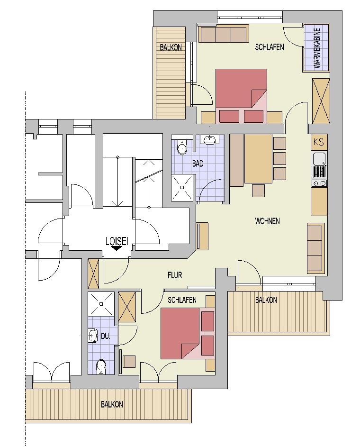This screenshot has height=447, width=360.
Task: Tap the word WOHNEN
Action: pos(267,221)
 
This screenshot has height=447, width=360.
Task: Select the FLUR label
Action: pos(175,275)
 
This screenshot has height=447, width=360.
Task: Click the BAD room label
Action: pos(198,164)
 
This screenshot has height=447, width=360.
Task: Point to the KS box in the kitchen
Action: pos(319,142)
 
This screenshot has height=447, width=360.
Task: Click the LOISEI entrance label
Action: pos(117,241)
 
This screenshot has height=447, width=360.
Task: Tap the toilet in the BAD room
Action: pos(181,147)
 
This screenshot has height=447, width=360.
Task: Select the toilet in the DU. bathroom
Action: pos(101,366)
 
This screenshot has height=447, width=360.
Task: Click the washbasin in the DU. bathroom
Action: pos(92,336)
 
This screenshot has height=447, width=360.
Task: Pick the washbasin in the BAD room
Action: pos(210,139)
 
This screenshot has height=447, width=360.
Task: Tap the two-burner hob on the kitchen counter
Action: pos(319,183)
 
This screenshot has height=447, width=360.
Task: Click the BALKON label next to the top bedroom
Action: pos(171,47)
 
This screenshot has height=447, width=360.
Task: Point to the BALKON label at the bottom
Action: pos(112,404)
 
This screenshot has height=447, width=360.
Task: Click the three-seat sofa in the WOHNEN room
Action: pos(315,248)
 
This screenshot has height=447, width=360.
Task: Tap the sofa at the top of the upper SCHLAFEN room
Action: pos(223,35)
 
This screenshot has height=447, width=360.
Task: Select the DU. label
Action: pos(105,336)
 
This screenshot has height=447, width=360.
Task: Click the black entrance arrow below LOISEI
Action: pos(116,248)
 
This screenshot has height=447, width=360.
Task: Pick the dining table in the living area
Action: pos(258,159)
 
